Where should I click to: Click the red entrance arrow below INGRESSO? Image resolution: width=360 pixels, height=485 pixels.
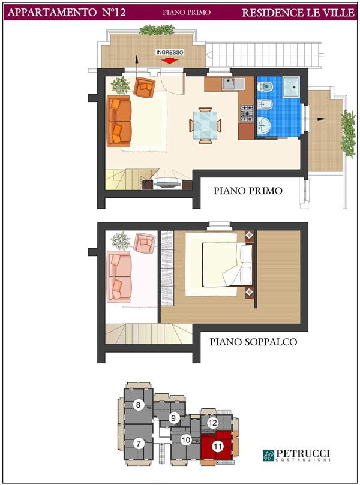[170, 61]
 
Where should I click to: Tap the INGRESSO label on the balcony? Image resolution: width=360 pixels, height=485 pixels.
[170, 52]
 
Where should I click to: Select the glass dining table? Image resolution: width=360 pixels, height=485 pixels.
[205, 125]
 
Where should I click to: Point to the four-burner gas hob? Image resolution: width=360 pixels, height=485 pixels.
[247, 113]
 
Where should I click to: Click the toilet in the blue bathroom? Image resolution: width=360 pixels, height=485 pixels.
[265, 86]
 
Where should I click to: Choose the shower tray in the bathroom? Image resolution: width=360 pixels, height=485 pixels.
[291, 87]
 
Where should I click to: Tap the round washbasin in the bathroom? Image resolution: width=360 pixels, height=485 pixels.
[264, 125]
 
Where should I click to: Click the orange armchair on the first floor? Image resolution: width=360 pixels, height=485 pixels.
[144, 86]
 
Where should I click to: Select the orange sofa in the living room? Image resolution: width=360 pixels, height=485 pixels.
[119, 121]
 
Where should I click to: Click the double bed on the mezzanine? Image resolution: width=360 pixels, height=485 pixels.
[227, 264]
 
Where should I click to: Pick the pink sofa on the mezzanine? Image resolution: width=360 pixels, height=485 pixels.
[119, 277]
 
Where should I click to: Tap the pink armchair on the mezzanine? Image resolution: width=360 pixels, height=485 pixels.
[145, 242]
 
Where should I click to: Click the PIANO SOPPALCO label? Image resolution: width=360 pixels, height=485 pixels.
[253, 342]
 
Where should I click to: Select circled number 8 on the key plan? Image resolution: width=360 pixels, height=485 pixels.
[139, 405]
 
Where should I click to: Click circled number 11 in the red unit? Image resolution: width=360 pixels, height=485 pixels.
[218, 446]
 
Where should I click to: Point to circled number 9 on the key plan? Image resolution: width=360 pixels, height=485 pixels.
[173, 418]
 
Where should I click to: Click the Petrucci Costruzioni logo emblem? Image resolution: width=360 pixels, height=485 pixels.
[268, 455]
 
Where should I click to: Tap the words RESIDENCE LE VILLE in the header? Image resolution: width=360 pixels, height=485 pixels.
[298, 13]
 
